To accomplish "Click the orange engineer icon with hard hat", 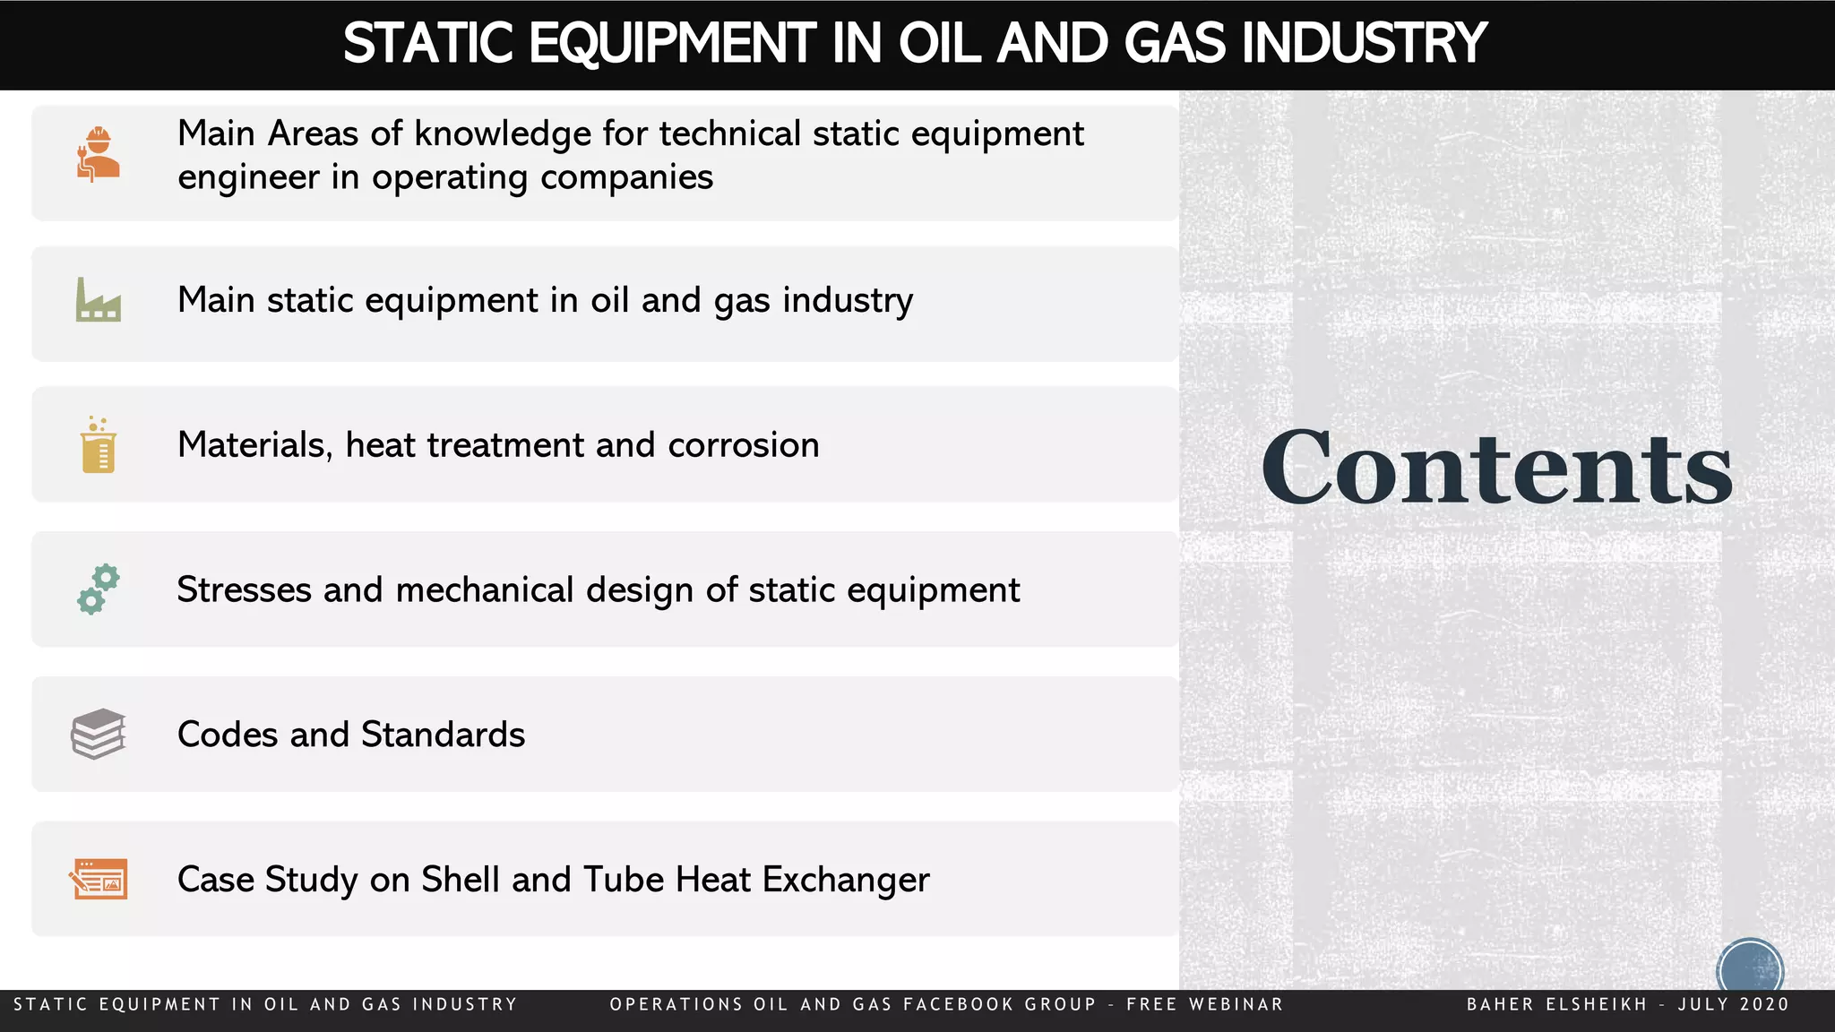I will coord(98,153).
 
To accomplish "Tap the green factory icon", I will coord(98,300).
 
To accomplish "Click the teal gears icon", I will coord(98,589).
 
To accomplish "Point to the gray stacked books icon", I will coord(98,734).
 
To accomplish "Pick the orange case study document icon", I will coord(99,879).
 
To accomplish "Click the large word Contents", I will coord(1496,468).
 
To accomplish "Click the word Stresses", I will coord(244,590).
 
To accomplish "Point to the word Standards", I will coord(443,735).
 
